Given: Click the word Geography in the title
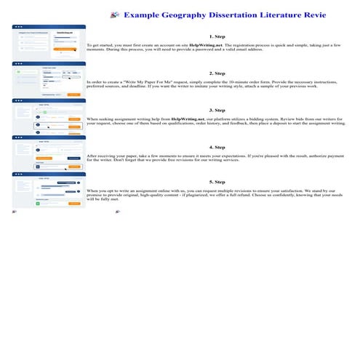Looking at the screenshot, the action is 190,14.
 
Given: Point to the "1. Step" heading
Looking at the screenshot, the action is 217,36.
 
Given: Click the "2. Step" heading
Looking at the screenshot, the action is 217,73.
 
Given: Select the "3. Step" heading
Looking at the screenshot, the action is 217,110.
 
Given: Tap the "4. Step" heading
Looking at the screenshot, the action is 217,148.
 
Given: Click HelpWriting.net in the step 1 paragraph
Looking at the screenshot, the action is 209,45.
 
